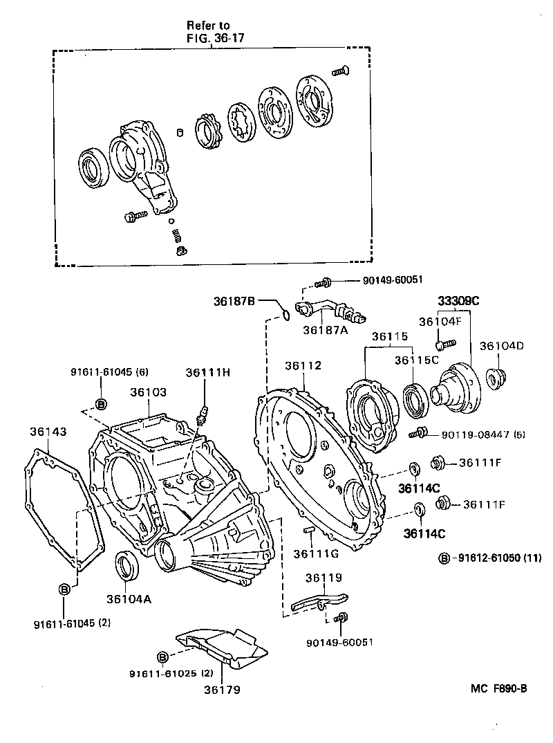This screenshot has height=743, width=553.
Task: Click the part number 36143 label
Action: pos(48,432)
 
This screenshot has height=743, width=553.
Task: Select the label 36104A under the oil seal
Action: pos(129,599)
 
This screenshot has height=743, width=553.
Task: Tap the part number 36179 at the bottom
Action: pos(223,689)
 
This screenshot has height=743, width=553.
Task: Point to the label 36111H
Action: pos(207,372)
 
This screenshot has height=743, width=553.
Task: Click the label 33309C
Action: pos(458,301)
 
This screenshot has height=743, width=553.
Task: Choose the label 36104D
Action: pos(503,345)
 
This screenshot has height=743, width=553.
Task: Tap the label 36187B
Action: pos(234,301)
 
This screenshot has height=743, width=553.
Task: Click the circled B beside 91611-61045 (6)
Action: pos(100,403)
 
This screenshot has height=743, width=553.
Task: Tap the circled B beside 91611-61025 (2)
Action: pos(162,657)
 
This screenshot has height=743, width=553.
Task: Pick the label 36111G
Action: pos(315,553)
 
